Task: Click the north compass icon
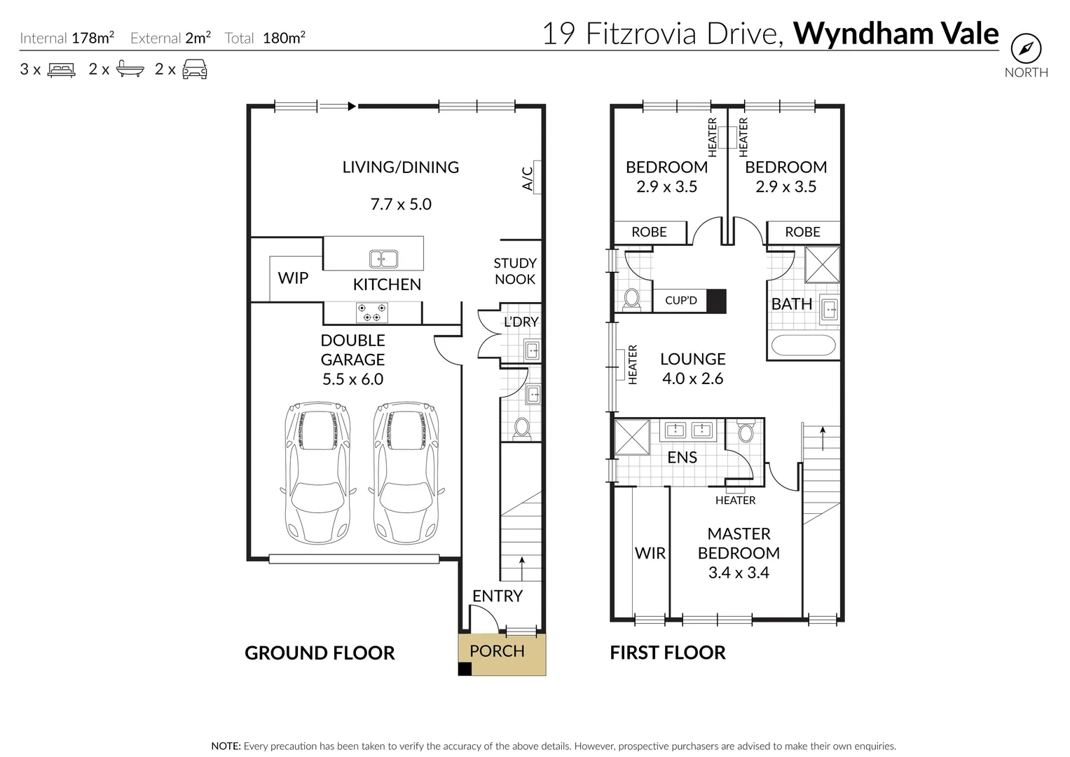click(1026, 49)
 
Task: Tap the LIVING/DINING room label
click(400, 168)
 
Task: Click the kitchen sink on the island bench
click(383, 259)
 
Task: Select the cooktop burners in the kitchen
click(371, 313)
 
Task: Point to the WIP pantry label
click(293, 278)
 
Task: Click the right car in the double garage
click(406, 472)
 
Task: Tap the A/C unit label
click(528, 178)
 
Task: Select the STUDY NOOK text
click(514, 271)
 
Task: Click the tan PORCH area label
click(497, 651)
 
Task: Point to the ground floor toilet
click(521, 427)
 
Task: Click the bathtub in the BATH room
click(802, 346)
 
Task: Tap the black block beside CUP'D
click(715, 301)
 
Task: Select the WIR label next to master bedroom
click(650, 553)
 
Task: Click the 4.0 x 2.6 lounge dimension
click(692, 378)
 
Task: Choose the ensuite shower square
click(632, 437)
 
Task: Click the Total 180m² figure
click(283, 38)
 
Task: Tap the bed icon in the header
click(62, 69)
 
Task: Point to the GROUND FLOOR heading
click(320, 653)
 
